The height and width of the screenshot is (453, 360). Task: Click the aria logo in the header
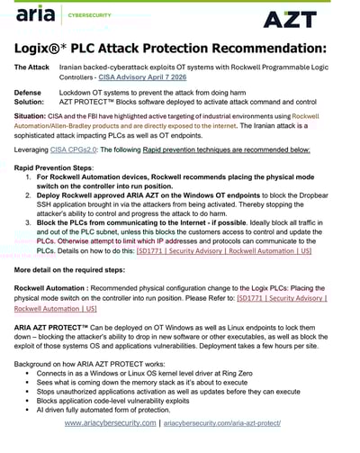(36, 15)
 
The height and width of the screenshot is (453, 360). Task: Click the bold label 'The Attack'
(32, 68)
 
